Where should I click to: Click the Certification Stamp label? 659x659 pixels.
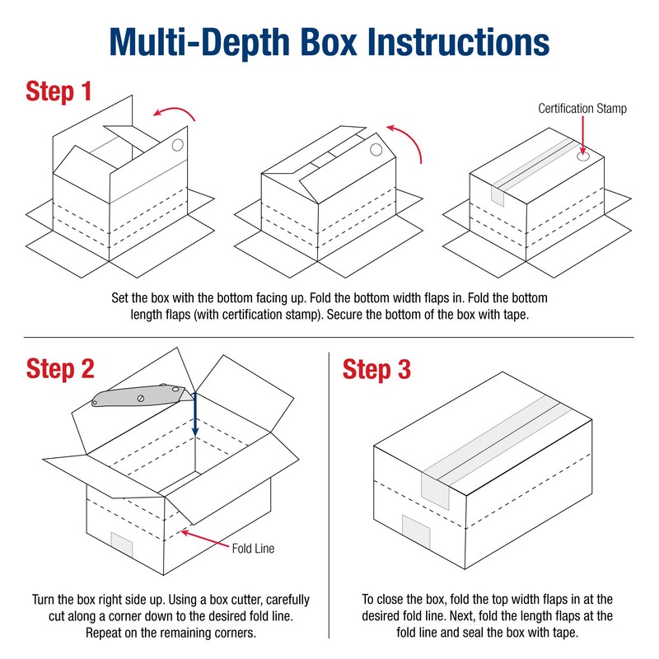coord(582,108)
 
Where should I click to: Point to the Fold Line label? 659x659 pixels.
coord(253,548)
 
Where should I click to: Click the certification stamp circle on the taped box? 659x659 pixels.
coord(584,155)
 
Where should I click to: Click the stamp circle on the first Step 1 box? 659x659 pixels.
coord(177,147)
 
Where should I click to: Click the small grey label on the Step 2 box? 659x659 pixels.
coord(122,544)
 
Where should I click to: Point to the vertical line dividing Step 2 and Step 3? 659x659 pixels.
coord(329,494)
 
